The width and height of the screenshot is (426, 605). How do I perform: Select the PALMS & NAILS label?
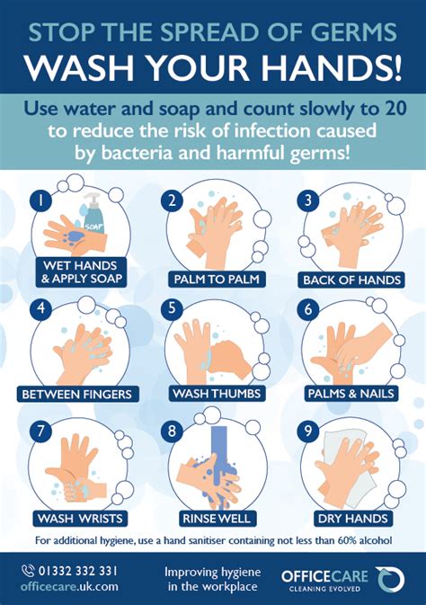[x=351, y=394]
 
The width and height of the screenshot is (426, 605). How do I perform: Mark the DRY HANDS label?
[x=352, y=518]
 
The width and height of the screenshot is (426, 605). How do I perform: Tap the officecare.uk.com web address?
[x=69, y=586]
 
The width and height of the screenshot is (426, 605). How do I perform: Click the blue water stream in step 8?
[x=217, y=449]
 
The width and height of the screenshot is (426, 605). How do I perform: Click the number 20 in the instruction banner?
[x=383, y=109]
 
